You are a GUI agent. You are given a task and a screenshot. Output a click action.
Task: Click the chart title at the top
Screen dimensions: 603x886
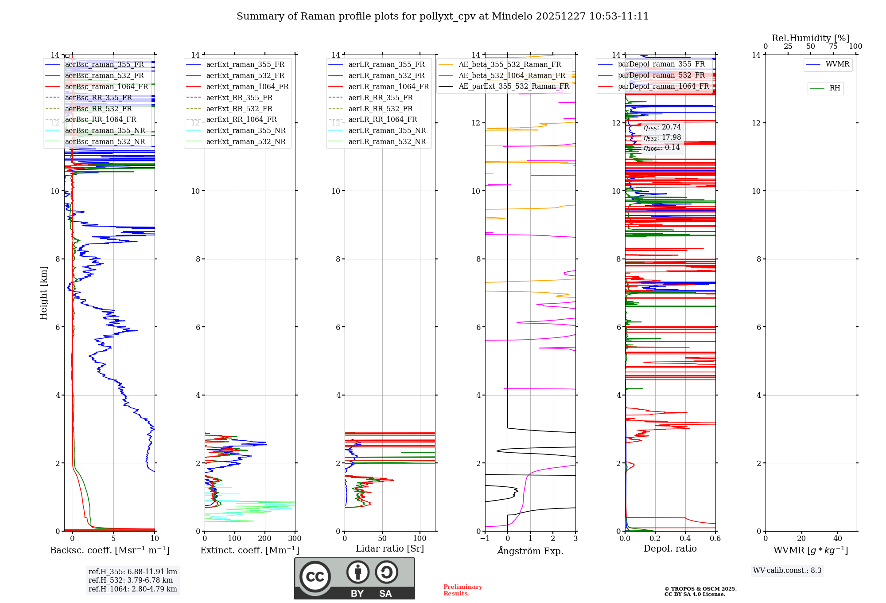443,16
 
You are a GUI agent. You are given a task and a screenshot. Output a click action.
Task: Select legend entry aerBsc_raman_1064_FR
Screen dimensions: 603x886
106,87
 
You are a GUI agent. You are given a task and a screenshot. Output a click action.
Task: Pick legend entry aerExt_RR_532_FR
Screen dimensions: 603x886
239,109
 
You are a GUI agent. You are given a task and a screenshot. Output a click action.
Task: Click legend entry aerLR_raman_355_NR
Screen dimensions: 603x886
387,131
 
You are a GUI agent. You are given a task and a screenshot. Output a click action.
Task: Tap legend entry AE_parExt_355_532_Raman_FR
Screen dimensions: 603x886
513,86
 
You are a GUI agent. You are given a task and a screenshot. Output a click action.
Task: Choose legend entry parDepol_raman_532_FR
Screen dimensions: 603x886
661,75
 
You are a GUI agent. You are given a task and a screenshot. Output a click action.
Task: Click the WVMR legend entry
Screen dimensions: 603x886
837,64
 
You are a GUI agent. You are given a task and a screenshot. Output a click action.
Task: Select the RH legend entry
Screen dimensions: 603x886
835,88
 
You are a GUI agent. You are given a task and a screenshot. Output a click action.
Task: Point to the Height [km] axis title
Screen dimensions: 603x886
43,293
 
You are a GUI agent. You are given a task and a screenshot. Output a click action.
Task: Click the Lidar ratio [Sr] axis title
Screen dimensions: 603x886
390,549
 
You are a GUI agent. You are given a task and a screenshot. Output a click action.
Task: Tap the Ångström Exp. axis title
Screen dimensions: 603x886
530,551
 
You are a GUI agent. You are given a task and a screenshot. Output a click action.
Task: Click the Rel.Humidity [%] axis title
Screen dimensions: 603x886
810,38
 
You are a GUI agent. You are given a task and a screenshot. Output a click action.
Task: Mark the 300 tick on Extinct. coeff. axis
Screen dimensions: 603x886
295,539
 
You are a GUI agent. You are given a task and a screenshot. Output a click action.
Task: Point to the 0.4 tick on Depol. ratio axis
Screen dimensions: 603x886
685,539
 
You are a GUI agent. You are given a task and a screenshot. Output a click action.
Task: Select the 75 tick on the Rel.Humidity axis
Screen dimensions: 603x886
833,47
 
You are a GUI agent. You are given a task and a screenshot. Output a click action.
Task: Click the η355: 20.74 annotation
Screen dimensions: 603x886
662,127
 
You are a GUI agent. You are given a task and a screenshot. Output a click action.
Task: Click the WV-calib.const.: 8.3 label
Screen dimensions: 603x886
787,571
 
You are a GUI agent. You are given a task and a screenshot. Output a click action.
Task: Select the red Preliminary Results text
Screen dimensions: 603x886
462,590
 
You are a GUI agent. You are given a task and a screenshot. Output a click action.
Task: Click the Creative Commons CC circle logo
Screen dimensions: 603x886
315,577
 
